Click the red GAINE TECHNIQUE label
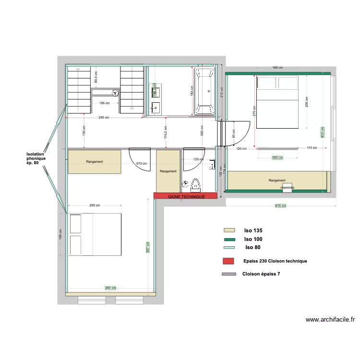(186, 197)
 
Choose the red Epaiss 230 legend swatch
(228, 261)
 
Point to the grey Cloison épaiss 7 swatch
(229, 275)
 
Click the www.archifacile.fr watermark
(330, 320)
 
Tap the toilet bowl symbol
(195, 184)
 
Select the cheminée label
(288, 188)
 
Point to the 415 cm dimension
(280, 206)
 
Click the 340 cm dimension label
(110, 288)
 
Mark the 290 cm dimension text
(104, 118)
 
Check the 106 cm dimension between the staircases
(105, 103)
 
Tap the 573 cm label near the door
(142, 164)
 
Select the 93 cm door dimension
(233, 136)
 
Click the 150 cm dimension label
(277, 158)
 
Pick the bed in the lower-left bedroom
(95, 235)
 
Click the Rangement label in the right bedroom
(277, 180)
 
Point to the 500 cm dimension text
(202, 130)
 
